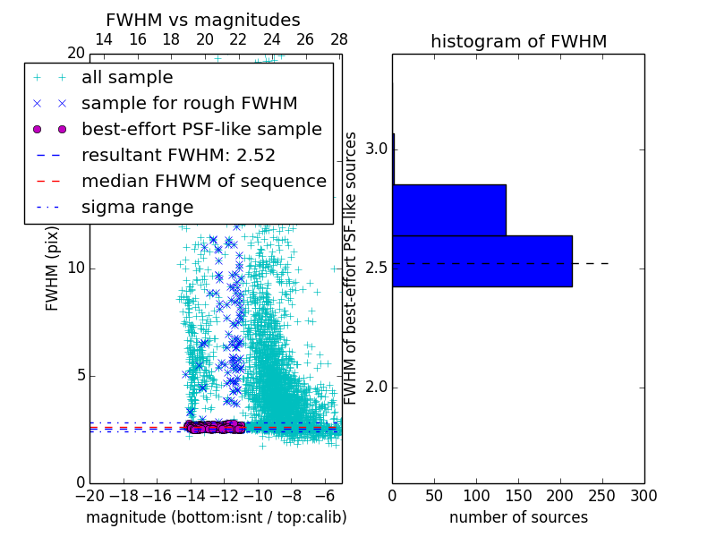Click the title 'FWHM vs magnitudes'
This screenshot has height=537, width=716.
[x=202, y=20]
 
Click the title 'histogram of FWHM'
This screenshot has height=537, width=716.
[x=518, y=41]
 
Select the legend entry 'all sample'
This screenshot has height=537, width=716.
[x=127, y=78]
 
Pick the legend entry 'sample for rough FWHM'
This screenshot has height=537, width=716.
[x=189, y=104]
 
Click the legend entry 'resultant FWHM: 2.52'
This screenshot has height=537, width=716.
[x=178, y=155]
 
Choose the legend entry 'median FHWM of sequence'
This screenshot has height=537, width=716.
[x=203, y=181]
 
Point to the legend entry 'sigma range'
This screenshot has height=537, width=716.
[x=137, y=207]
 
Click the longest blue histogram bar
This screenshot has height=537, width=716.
[x=482, y=261]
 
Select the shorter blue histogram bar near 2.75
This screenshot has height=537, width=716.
[x=448, y=210]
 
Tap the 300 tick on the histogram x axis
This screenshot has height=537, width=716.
[x=644, y=495]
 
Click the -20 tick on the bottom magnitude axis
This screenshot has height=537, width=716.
[x=89, y=495]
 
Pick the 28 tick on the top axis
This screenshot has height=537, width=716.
[x=339, y=39]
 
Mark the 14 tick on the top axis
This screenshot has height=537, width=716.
[x=104, y=39]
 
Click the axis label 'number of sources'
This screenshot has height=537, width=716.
[x=518, y=517]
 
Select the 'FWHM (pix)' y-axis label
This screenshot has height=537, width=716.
[x=53, y=268]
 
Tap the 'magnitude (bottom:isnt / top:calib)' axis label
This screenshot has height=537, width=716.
[x=216, y=517]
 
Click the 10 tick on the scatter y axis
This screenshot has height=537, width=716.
[x=75, y=268]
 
